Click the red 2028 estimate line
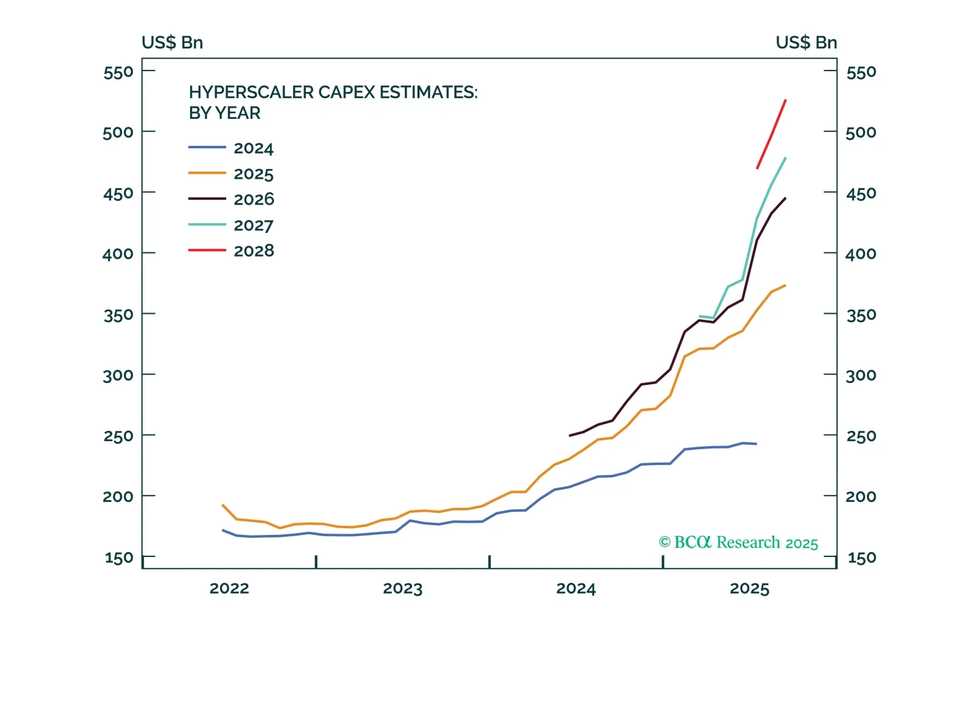point(772,134)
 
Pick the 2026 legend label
point(254,199)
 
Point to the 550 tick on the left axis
point(118,72)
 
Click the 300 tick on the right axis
point(861,375)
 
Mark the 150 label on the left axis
point(119,558)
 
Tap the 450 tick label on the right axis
point(861,194)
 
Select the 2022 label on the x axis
point(229,588)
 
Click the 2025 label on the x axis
point(749,588)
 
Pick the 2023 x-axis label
point(403,588)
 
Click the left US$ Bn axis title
point(172,42)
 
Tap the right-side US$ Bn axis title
point(806,42)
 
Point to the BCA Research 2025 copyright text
point(738,542)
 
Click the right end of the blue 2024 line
point(756,444)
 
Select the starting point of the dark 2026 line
point(570,436)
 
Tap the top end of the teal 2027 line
point(785,158)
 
